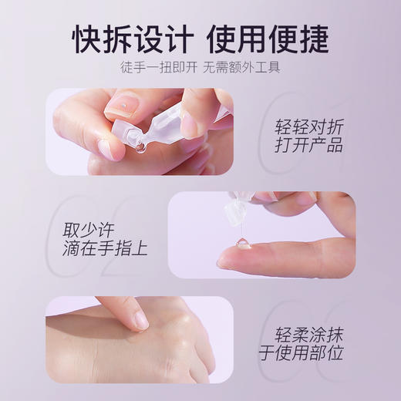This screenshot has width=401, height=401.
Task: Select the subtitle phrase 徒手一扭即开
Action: (158, 66)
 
